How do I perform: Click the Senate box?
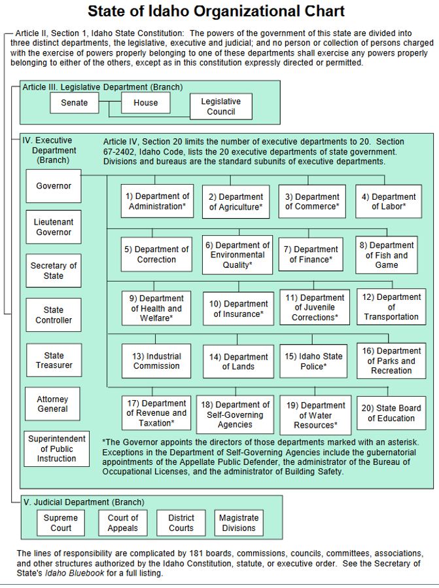pos(75,103)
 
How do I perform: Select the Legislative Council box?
pos(221,107)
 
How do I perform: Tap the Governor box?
pos(54,186)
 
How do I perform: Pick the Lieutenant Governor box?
pos(54,227)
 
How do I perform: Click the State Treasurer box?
pos(54,360)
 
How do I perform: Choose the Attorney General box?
pos(52,404)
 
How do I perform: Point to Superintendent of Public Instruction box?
pos(56,449)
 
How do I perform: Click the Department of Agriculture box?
pos(236,202)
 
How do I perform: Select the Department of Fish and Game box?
pos(387,255)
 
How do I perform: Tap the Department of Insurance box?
pos(239,308)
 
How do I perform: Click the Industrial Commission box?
pos(156,361)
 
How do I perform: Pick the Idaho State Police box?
pos(313,361)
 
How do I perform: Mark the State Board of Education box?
pos(391,413)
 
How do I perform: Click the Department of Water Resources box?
pos(315,415)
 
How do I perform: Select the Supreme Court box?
pos(61,523)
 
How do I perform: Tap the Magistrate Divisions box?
pos(239,523)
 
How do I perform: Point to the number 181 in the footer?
pos(196,553)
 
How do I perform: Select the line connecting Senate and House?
pos(110,101)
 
